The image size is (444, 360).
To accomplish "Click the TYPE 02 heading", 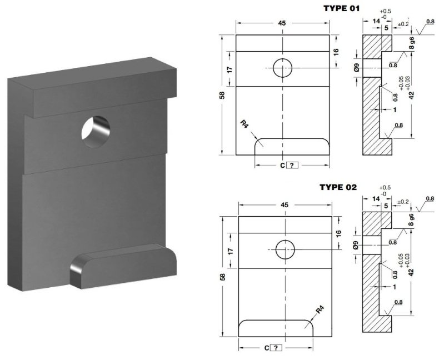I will [x=338, y=187].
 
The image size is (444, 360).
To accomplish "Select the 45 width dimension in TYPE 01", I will [x=282, y=23].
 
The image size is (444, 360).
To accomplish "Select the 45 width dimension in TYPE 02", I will [x=285, y=205].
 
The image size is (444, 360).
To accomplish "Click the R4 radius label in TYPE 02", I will [x=319, y=310].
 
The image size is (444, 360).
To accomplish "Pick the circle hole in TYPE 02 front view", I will [x=285, y=250].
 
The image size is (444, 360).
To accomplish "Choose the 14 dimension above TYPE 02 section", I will [x=377, y=198].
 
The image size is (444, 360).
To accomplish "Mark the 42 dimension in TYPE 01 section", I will [x=411, y=95].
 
